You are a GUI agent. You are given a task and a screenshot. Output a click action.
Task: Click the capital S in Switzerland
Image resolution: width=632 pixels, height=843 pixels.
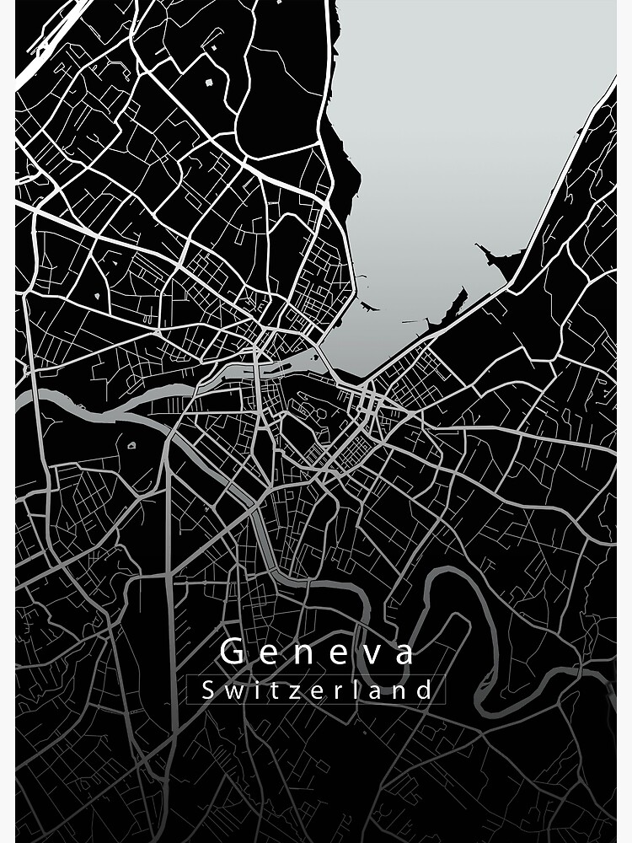point(208,690)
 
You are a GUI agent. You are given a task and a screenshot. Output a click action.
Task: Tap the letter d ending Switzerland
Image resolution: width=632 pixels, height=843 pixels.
point(426,690)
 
